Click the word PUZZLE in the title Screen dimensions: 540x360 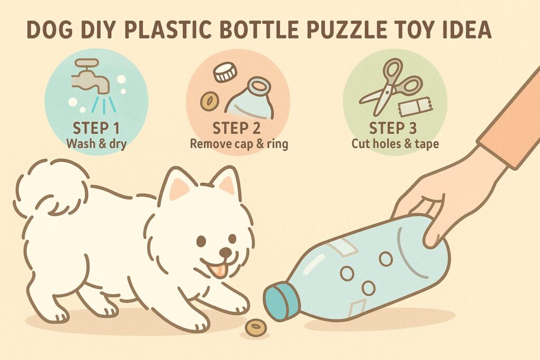[x=345, y=30]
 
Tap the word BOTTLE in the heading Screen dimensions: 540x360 [x=258, y=30]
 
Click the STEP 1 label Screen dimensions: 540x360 [x=96, y=129]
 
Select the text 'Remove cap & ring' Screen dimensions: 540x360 [x=239, y=143]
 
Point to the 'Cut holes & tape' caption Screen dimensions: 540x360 [x=395, y=143]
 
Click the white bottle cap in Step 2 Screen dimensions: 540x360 [x=225, y=73]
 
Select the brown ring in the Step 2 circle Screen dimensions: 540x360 [x=209, y=101]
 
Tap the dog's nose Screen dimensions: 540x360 [x=225, y=252]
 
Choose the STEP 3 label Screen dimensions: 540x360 [x=392, y=129]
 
